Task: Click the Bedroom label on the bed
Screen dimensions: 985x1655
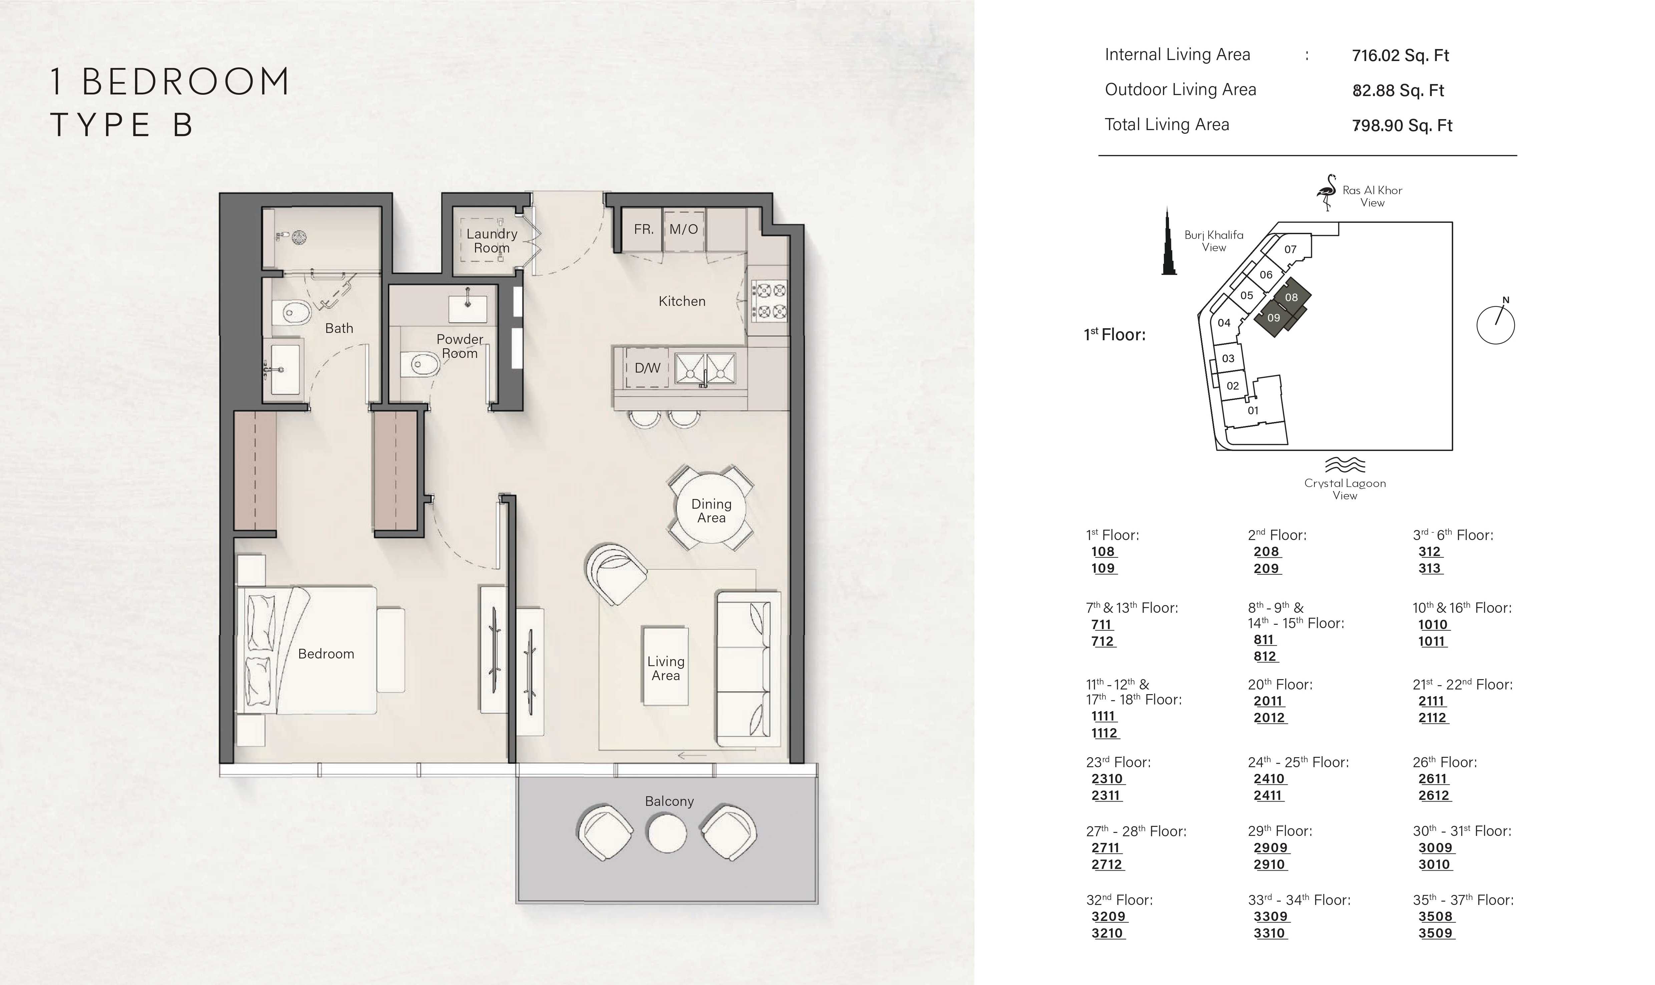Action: point(326,654)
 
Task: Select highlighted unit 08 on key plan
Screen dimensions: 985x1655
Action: point(1291,297)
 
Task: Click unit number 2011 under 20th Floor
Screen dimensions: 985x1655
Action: point(1268,701)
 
